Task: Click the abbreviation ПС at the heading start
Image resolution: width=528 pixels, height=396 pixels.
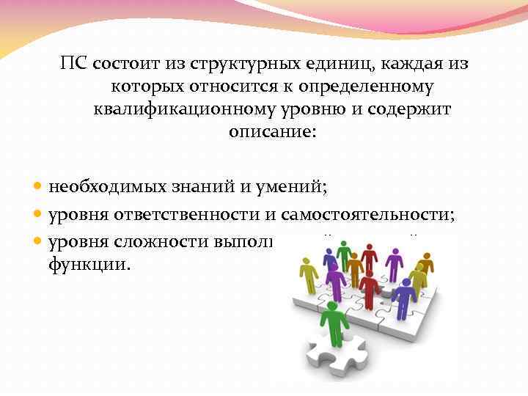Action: pyautogui.click(x=76, y=64)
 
